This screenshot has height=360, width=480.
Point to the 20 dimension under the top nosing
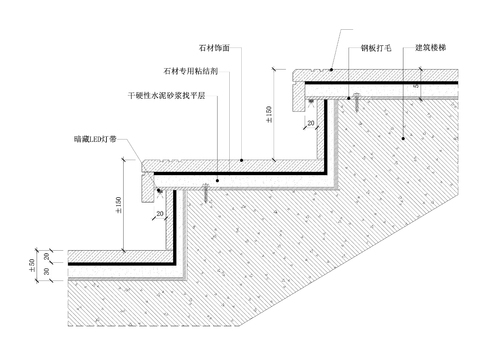[313, 124]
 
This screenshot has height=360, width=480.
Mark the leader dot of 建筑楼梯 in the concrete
[401, 134]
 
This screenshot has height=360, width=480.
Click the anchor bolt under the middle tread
[205, 185]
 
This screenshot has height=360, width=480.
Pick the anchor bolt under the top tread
[354, 97]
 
